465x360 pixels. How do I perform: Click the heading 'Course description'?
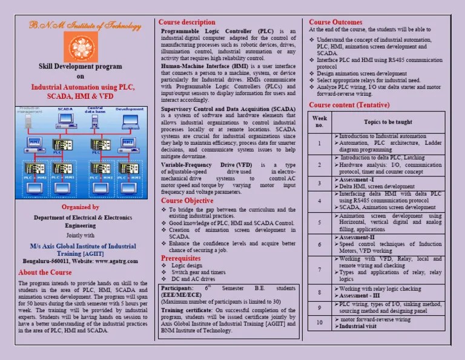[x=186, y=22]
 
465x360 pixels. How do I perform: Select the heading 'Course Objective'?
[x=187, y=201]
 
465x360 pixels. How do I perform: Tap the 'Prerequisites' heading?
[x=180, y=258]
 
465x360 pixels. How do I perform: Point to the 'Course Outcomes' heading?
[x=335, y=22]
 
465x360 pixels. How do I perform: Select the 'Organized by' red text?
[x=81, y=207]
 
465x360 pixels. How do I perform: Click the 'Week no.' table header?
[x=320, y=122]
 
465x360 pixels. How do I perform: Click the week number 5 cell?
[x=320, y=222]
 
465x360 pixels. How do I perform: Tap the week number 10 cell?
[x=320, y=322]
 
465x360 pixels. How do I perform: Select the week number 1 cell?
[x=320, y=144]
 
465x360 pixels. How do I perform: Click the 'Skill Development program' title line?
[x=81, y=67]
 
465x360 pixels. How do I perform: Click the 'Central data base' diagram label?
[x=94, y=110]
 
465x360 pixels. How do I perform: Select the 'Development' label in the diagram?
[x=130, y=110]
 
